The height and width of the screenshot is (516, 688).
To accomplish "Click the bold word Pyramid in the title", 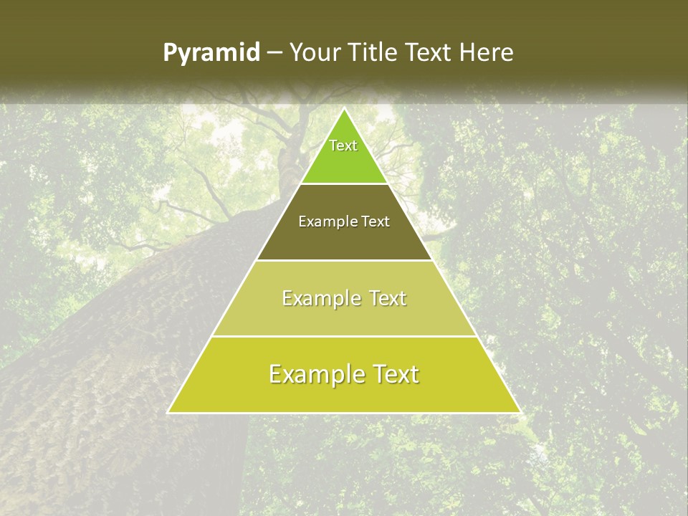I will pyautogui.click(x=211, y=53).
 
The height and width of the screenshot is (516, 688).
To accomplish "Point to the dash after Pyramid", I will pyautogui.click(x=274, y=53).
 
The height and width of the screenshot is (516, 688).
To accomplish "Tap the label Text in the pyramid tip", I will pyautogui.click(x=343, y=145).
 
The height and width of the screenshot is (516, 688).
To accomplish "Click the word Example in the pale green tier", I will pyautogui.click(x=320, y=298).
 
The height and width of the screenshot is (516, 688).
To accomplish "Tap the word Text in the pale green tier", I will pyautogui.click(x=387, y=298).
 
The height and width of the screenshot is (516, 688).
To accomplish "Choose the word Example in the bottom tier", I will pyautogui.click(x=313, y=374).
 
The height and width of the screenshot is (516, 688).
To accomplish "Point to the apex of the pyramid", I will pyautogui.click(x=344, y=109).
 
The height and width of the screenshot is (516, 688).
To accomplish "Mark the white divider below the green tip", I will pyautogui.click(x=344, y=184).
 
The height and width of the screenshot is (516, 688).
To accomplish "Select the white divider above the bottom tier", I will pyautogui.click(x=344, y=336).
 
